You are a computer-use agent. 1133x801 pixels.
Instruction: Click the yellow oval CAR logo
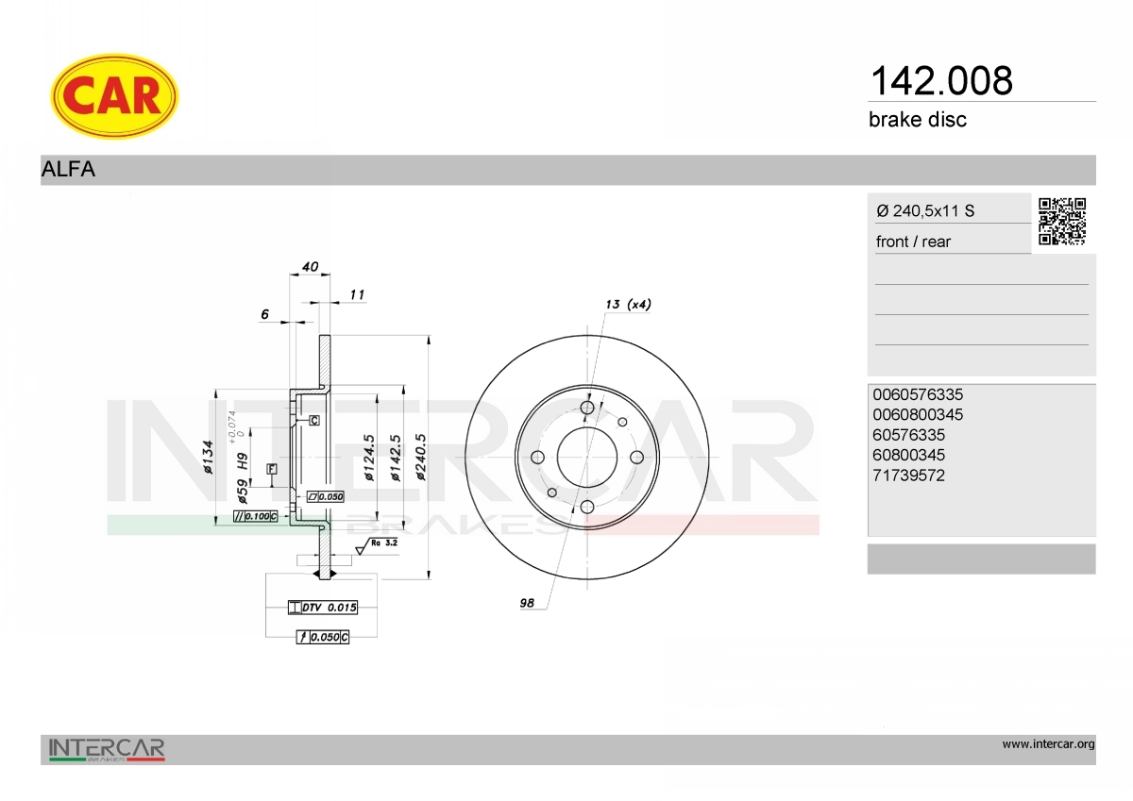tap(114, 96)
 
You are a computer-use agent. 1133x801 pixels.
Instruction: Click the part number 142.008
tap(941, 81)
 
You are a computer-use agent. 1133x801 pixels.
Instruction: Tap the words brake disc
tap(918, 120)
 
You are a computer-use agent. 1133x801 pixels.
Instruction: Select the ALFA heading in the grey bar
tap(68, 169)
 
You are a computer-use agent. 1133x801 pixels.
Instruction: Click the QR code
tap(1062, 222)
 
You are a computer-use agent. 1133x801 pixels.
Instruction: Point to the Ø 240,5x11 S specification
tap(925, 210)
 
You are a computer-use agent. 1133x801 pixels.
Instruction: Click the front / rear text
tap(913, 242)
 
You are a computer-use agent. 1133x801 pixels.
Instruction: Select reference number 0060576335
tap(918, 394)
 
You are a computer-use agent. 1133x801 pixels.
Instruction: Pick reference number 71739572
tap(908, 476)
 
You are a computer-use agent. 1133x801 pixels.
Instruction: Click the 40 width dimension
tap(310, 266)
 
